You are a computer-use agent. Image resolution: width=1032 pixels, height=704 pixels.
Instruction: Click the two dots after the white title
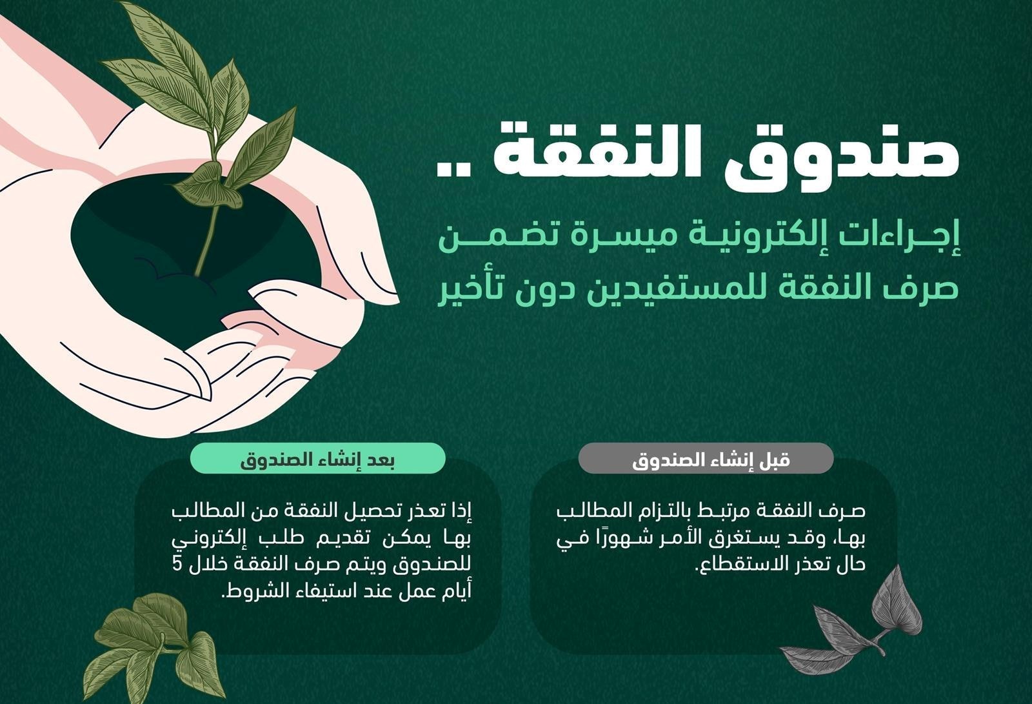coord(453,170)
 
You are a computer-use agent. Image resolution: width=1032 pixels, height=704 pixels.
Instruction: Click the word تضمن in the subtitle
coord(497,238)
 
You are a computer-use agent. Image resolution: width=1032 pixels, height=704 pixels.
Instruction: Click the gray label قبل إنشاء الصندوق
coord(706,458)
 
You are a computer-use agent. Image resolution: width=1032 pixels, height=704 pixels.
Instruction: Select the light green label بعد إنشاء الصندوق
coord(317,458)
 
